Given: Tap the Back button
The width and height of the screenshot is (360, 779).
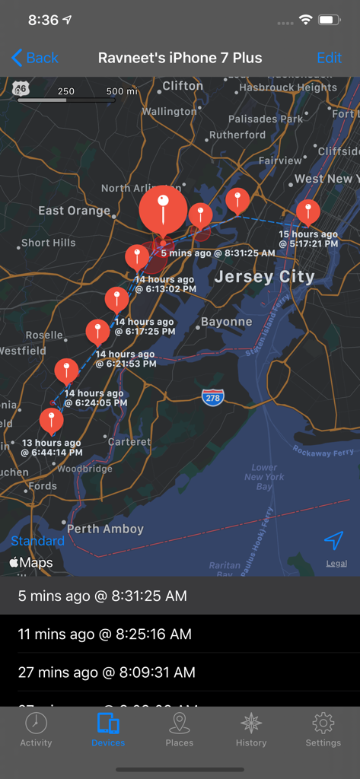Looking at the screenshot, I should pos(35,58).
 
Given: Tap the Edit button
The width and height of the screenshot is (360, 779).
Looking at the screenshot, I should pos(329,58).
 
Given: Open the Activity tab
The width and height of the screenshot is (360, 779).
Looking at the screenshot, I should pos(36,730).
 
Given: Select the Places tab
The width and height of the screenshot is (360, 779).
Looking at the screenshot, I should pos(180,730).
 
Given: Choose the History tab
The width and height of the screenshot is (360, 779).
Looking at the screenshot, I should pos(251,730).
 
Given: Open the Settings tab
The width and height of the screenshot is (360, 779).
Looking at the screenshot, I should pos(323,730).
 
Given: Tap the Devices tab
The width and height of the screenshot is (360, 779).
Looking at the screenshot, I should pos(108,730).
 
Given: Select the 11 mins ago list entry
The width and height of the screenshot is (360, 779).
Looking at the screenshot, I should pos(105,634).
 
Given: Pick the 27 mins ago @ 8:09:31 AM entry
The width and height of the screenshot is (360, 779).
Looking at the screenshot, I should pos(107,672).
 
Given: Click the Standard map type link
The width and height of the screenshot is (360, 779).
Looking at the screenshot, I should pos(37,541).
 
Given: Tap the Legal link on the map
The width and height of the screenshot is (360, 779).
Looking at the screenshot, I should pos(336,564).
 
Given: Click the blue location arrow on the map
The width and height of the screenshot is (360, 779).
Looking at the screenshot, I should pos(333,540).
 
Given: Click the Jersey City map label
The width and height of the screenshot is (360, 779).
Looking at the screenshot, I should pos(264,277).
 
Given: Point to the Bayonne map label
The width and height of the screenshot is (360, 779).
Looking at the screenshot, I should pos(226,322).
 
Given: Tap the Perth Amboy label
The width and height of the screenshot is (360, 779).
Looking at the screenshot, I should pos(105,529).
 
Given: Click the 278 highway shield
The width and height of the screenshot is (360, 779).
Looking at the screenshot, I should pos(213,397).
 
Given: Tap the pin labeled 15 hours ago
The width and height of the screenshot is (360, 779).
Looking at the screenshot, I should pos(308,211).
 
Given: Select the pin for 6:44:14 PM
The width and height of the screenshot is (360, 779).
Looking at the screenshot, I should pos(51,419).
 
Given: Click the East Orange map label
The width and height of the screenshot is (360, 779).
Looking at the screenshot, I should pos(75,210).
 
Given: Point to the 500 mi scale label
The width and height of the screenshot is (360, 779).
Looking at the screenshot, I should pos(122,91).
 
